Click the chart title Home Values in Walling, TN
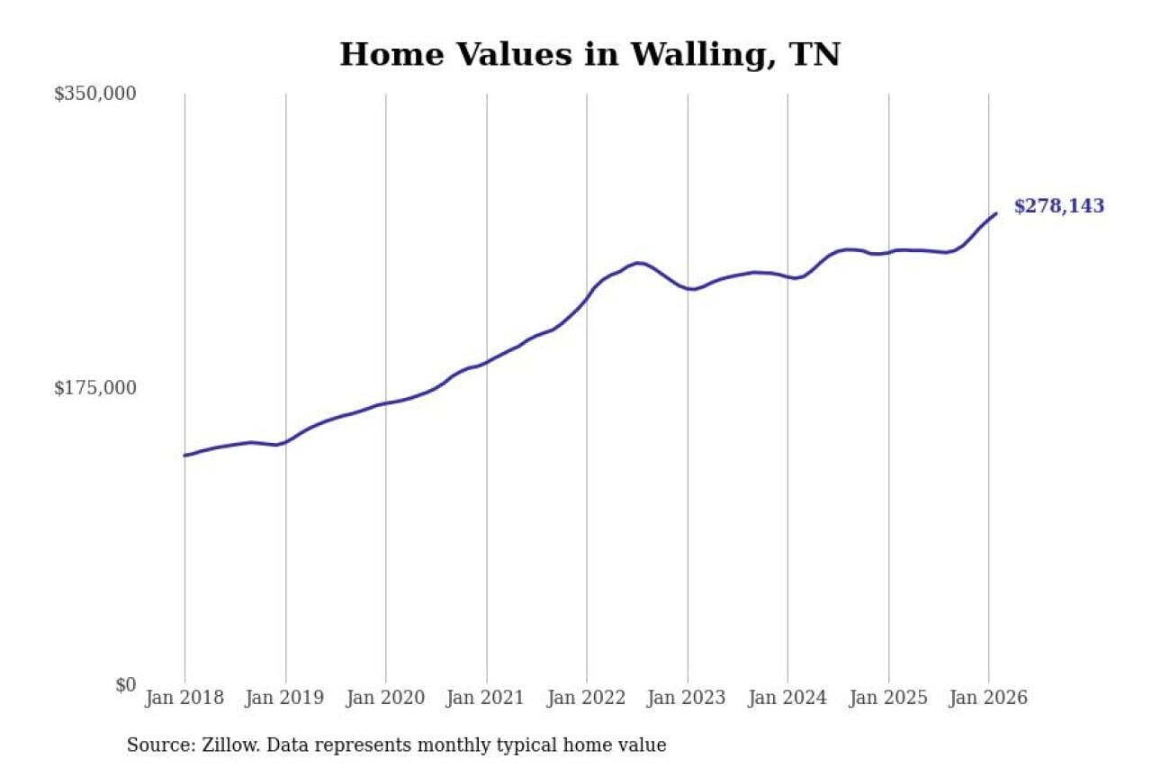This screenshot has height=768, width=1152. [589, 54]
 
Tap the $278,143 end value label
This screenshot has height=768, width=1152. [1058, 206]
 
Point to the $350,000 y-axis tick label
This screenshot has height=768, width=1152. [94, 94]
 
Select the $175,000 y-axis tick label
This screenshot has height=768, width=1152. [94, 388]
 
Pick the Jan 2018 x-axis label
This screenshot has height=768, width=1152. [184, 698]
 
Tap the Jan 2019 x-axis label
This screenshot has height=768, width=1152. [285, 698]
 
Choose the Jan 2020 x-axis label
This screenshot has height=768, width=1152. [386, 698]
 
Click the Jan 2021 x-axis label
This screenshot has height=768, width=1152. [487, 698]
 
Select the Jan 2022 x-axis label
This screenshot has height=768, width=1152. [587, 698]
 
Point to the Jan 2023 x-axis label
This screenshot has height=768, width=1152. [688, 698]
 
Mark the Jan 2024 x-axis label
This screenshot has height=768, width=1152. [787, 698]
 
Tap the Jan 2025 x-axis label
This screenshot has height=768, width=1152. [888, 698]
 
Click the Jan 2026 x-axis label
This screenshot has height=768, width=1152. [988, 698]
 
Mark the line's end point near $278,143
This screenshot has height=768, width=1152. [995, 213]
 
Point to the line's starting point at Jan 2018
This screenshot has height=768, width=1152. [184, 456]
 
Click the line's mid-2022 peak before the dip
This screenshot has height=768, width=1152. [637, 263]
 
